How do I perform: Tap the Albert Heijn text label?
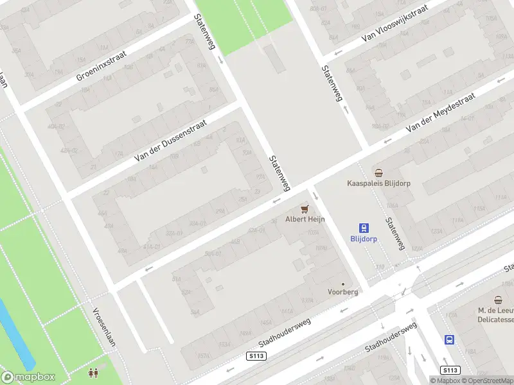pos(305,219)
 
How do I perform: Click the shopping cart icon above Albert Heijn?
pos(305,209)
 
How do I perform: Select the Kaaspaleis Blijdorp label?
pos(378,183)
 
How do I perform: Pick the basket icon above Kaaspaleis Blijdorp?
pos(378,172)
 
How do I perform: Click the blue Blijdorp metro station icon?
pos(364,227)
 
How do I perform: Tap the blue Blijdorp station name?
pos(364,238)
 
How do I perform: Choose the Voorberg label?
pos(342,291)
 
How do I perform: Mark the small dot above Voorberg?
pos(342,284)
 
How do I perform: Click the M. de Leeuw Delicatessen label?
pos(496,314)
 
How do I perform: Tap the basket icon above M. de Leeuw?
pos(499,300)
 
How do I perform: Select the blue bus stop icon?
pos(450,340)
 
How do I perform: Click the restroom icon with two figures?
pos(93,372)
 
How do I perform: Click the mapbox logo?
pos(29,377)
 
